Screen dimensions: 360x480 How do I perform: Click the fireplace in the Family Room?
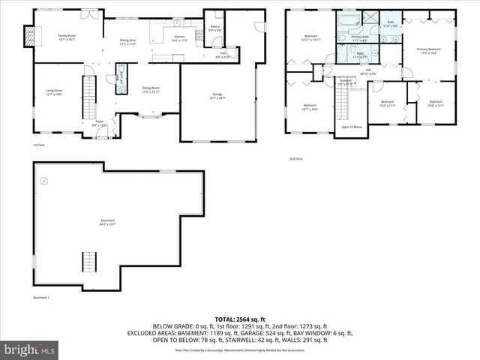point(30,36)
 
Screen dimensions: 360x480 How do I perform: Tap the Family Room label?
point(68,37)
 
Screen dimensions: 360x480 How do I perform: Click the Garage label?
point(217,95)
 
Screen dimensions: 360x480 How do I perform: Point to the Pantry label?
point(214,28)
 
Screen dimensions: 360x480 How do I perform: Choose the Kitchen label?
point(179,37)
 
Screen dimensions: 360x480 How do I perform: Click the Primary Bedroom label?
point(429,51)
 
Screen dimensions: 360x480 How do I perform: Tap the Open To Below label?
point(352,127)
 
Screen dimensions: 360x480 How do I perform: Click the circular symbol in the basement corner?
point(44,181)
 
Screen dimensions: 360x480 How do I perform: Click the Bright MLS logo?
point(28,349)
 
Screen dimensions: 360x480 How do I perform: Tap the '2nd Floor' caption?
point(296,159)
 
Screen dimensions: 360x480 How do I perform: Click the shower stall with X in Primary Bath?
point(370,19)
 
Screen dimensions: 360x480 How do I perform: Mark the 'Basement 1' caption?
point(41,298)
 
